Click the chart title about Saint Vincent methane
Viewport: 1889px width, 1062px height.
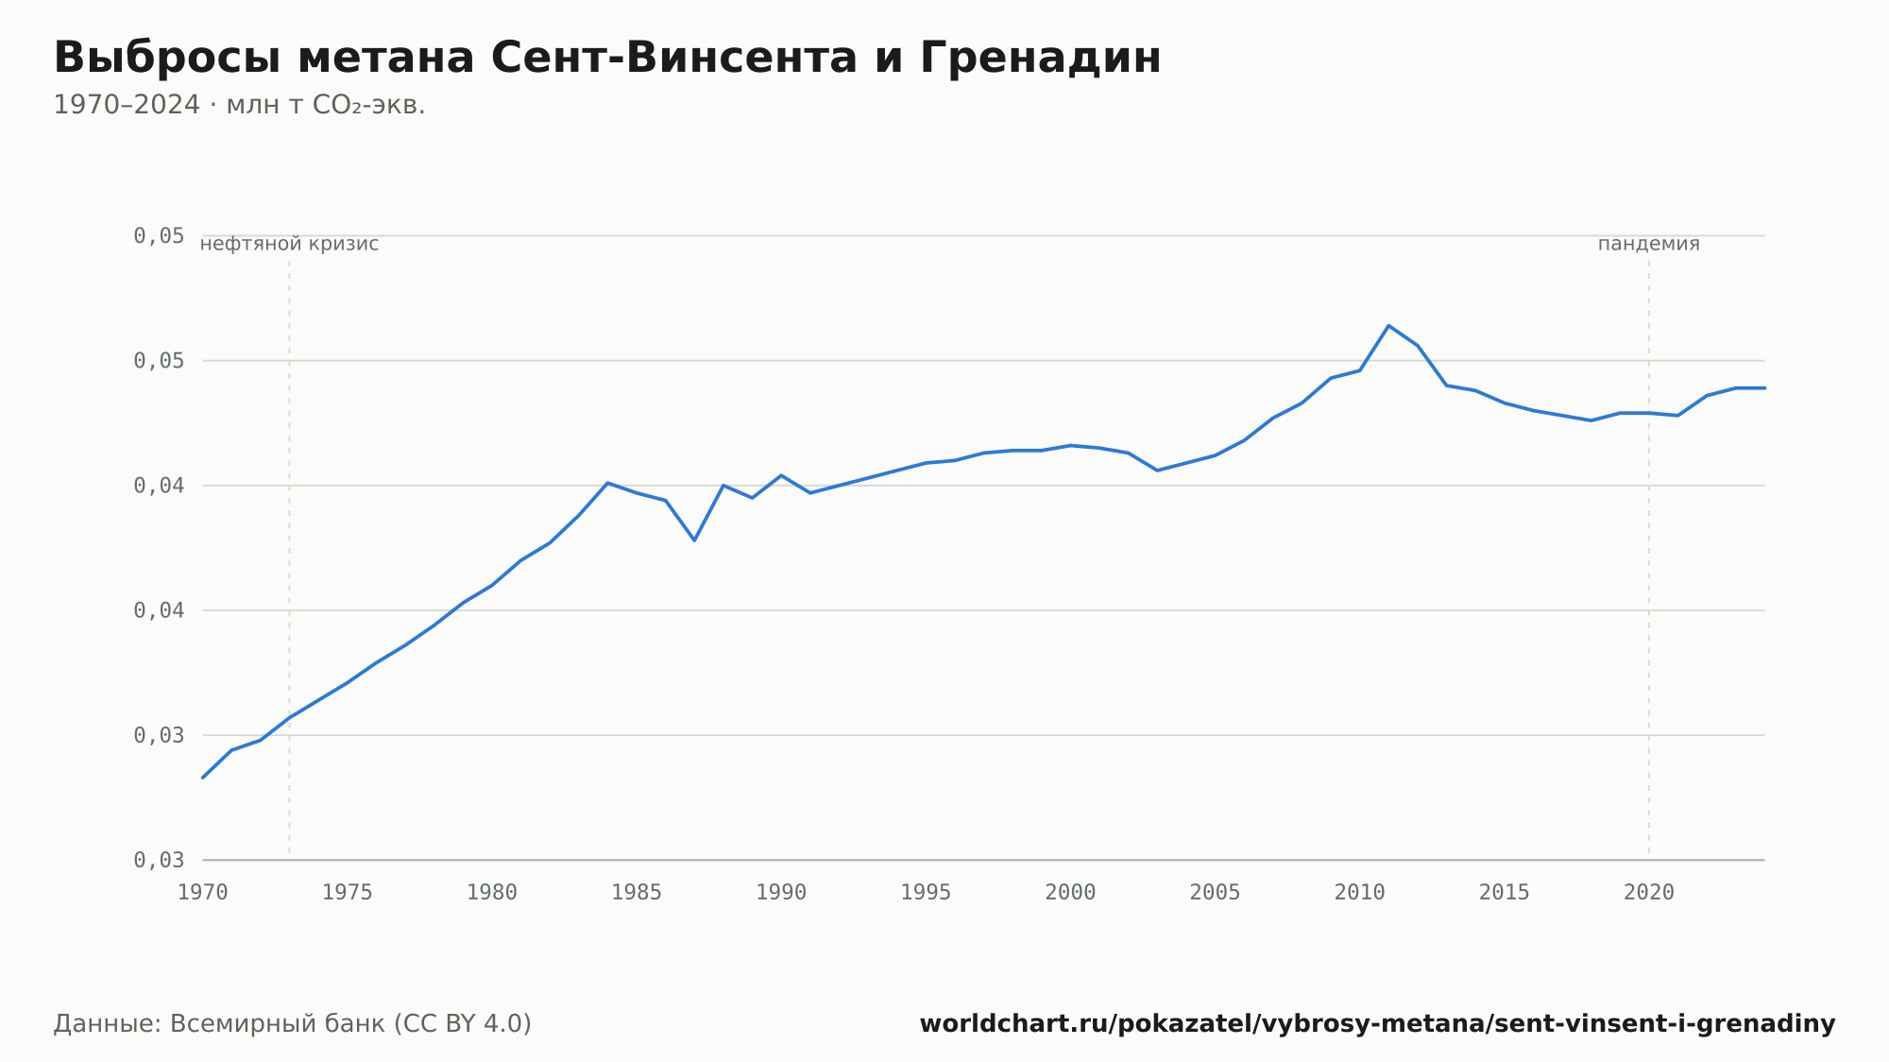(607, 58)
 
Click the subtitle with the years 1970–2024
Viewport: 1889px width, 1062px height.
(239, 105)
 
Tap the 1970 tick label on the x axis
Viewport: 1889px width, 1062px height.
(203, 893)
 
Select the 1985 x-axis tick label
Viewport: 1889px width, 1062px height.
(637, 893)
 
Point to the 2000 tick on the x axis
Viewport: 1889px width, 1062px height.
(1070, 893)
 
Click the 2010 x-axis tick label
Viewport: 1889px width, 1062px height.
(1359, 893)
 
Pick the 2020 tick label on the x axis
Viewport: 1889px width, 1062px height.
(1649, 893)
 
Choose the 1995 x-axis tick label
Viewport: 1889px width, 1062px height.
(926, 893)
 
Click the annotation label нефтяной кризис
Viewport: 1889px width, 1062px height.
(289, 244)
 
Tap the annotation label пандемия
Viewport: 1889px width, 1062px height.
(1649, 244)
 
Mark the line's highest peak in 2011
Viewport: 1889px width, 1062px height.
(1388, 325)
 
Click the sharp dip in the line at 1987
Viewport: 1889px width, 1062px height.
(694, 540)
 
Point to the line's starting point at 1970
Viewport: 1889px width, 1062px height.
(203, 778)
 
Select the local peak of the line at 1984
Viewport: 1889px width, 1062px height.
(607, 483)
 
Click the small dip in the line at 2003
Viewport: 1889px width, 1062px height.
(1157, 471)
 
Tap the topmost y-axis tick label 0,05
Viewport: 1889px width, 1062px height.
(159, 235)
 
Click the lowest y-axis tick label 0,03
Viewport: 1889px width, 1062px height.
(159, 860)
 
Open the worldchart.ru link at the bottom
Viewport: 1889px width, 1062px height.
(1377, 1024)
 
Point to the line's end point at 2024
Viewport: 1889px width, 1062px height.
(1764, 388)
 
